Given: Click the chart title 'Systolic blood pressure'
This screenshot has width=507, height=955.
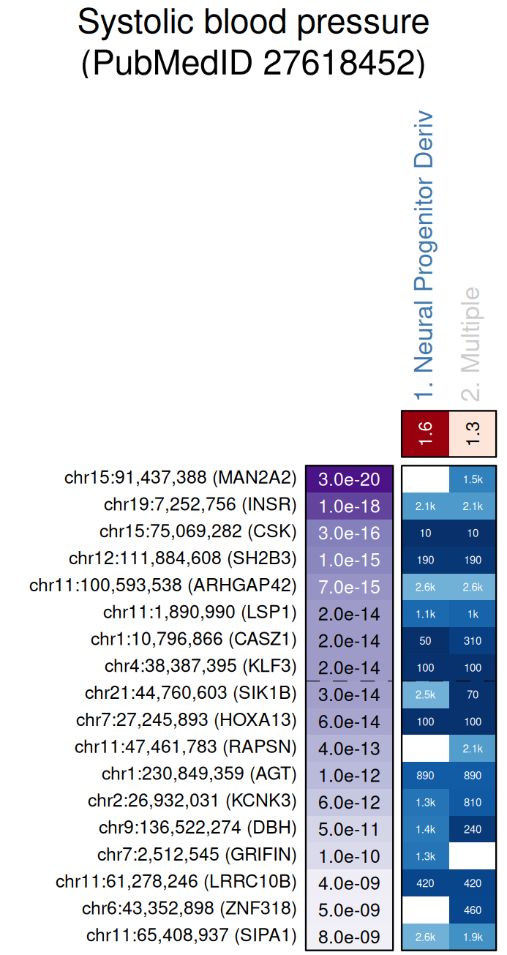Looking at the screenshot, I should pyautogui.click(x=253, y=23).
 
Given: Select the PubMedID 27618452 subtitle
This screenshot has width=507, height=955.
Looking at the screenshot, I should pyautogui.click(x=253, y=64).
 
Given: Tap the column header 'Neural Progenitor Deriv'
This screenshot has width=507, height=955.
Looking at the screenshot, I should pyautogui.click(x=424, y=256).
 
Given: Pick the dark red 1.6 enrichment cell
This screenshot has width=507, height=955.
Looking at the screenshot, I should pyautogui.click(x=425, y=432).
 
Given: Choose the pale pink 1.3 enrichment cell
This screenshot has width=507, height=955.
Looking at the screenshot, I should pyautogui.click(x=473, y=432).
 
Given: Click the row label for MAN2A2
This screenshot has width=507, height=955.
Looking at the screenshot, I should pyautogui.click(x=180, y=479).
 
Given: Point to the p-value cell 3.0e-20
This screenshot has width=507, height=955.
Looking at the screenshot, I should pyautogui.click(x=349, y=479).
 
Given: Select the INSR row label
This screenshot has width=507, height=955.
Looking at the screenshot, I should pyautogui.click(x=200, y=505).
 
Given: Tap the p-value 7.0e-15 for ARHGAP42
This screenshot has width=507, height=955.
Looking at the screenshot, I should pyautogui.click(x=349, y=587).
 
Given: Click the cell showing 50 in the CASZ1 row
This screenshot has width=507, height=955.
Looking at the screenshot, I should pyautogui.click(x=425, y=641).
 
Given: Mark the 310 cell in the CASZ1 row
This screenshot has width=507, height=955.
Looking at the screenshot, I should pyautogui.click(x=473, y=641).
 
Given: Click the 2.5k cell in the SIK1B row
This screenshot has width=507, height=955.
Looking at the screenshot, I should pyautogui.click(x=425, y=694).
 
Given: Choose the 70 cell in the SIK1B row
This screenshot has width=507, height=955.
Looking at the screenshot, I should pyautogui.click(x=473, y=694).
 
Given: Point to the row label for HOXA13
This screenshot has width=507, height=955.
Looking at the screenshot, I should pyautogui.click(x=187, y=721).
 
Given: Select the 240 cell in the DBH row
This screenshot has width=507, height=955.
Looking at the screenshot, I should pyautogui.click(x=473, y=829).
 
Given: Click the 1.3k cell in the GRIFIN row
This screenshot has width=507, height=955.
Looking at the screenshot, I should pyautogui.click(x=425, y=856).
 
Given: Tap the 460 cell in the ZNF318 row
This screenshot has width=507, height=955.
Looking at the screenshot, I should pyautogui.click(x=473, y=910).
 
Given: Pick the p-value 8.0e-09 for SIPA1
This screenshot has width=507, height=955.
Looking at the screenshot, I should pyautogui.click(x=349, y=937).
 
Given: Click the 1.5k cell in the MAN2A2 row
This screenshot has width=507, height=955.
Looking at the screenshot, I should pyautogui.click(x=473, y=479).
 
